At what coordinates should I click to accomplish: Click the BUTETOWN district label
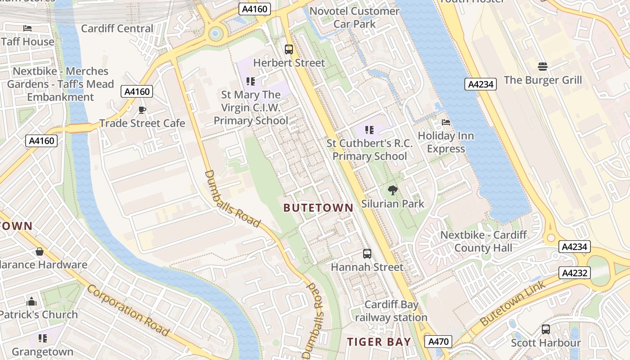pos(319,207)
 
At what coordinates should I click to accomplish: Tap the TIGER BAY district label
pos(379,342)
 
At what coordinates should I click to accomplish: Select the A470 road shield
pos(438,342)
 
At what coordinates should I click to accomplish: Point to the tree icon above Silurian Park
pos(392,190)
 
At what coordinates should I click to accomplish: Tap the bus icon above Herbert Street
pos(289,49)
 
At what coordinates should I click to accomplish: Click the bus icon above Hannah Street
pos(367,254)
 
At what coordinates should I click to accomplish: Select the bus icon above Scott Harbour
pos(546,329)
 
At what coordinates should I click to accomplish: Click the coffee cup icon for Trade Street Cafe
pos(142,110)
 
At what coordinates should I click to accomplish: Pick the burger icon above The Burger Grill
pos(543,67)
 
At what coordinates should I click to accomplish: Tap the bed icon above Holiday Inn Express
pos(445,122)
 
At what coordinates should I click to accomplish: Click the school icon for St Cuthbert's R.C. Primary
pos(369,130)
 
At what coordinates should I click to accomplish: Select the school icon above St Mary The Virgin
pos(251,81)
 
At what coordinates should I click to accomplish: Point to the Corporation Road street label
pos(128,310)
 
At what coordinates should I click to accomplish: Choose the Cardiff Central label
pos(117,28)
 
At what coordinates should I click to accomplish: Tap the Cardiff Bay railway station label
pos(391,311)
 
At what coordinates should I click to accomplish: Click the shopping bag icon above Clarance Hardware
pos(40,252)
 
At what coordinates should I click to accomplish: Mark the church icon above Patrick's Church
pos(31,301)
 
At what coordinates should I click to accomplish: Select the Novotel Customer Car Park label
pos(355,17)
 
